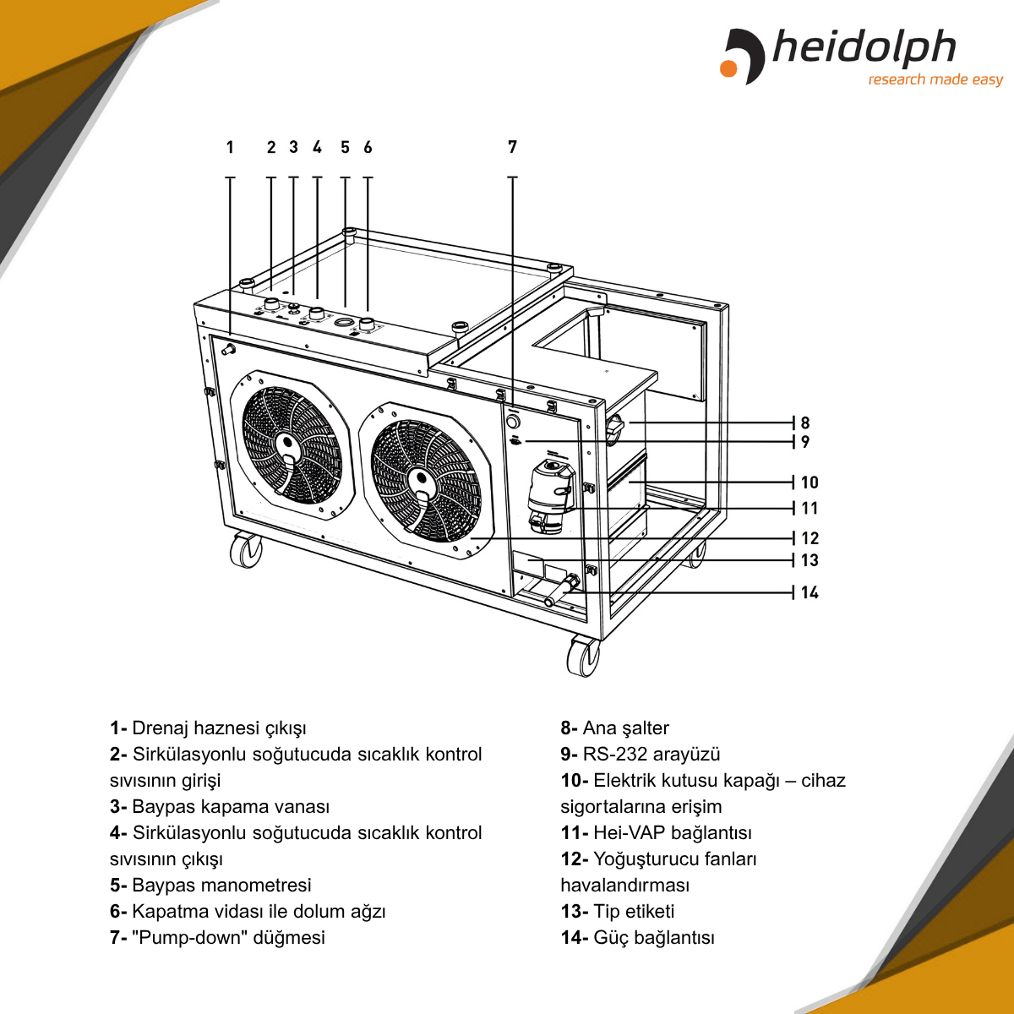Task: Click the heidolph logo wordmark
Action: (x=864, y=49)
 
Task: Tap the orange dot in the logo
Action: (x=728, y=68)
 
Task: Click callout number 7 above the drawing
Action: (x=512, y=147)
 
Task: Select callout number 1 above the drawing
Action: (x=230, y=148)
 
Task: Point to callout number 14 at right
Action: (x=810, y=592)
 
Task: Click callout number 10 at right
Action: (x=810, y=482)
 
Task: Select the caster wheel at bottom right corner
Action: (x=582, y=657)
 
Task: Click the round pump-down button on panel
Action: (x=513, y=420)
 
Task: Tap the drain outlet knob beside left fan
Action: (x=227, y=347)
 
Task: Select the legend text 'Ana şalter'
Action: (x=625, y=728)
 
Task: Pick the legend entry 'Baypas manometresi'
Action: (x=221, y=886)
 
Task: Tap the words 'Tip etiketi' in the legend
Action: (x=634, y=912)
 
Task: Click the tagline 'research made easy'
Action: (x=935, y=80)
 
